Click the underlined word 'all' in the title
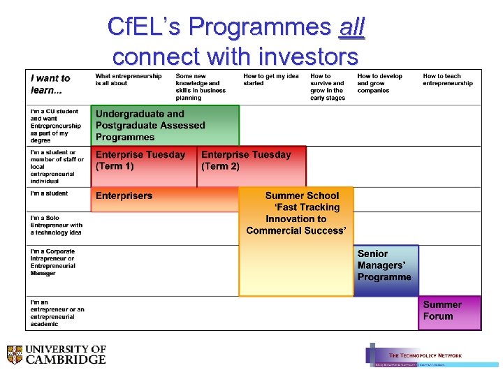351,27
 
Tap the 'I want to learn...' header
50,84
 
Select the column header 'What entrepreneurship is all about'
129,80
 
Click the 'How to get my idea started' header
271,80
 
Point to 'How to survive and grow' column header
328,87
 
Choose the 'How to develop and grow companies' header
380,83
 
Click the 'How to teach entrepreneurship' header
448,80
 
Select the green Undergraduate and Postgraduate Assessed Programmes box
166,126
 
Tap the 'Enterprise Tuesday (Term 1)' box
144,166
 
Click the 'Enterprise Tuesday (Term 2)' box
251,166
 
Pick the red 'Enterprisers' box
164,198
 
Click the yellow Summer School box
296,241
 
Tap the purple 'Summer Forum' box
450,312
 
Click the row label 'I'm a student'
50,193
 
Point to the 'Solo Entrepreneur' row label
57,225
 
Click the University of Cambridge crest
15,355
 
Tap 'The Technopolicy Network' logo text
425,355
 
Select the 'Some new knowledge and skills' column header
201,87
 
